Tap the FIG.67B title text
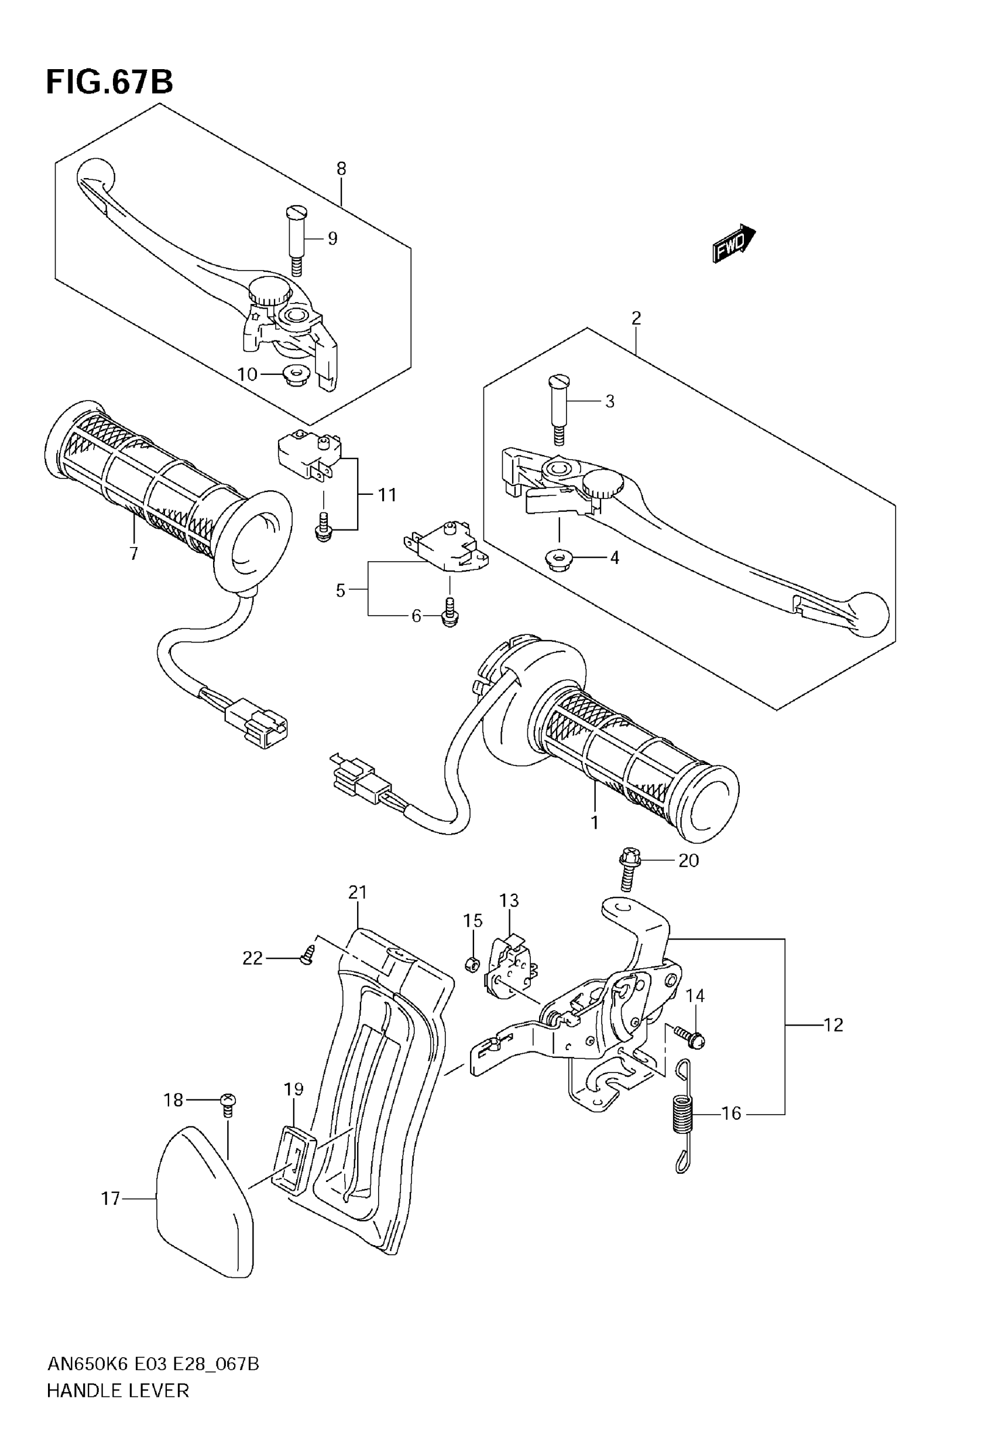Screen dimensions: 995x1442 pos(109,81)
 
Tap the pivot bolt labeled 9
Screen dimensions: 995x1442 pos(298,240)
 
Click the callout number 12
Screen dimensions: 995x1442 pos(833,1025)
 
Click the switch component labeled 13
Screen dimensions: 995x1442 pos(510,963)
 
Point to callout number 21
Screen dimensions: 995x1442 pos(358,893)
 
